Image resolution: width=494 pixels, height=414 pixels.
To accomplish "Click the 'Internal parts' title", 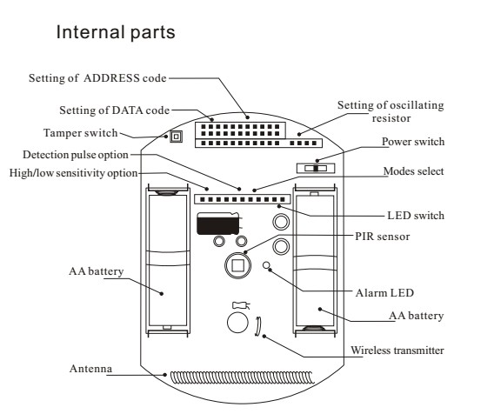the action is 116,32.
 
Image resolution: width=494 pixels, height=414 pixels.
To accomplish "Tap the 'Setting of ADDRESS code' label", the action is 97,78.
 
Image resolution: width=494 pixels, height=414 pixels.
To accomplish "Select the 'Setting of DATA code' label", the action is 114,110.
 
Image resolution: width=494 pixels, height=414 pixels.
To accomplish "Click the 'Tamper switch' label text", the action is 80,133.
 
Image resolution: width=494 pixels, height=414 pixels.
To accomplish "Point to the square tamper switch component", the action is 176,137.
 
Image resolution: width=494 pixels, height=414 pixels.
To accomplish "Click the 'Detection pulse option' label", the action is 76,155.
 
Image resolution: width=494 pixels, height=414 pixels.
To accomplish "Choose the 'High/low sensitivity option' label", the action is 73,173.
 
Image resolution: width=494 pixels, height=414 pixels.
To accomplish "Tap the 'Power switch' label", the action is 413,142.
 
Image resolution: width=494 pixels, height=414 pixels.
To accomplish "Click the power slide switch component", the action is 316,168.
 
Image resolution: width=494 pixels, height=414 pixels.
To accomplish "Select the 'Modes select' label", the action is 413,171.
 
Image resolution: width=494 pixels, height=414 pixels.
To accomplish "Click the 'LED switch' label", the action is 416,216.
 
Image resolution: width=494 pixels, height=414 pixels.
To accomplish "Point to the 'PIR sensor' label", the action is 382,237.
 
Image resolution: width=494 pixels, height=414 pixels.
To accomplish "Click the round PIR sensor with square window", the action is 238,265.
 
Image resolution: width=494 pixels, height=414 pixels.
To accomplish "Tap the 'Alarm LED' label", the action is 384,293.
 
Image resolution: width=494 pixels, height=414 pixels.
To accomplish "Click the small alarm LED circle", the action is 266,265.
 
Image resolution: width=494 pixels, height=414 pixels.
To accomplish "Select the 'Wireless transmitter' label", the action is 397,351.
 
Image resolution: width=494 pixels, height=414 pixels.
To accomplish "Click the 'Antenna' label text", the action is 90,369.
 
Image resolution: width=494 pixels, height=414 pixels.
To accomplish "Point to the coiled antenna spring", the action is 243,377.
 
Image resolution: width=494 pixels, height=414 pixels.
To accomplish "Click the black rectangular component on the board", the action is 218,224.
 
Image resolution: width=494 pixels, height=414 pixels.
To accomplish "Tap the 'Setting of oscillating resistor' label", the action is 391,111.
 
